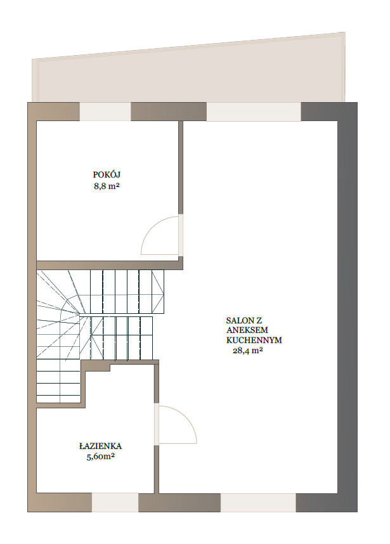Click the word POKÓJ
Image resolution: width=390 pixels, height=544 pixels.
tap(107, 174)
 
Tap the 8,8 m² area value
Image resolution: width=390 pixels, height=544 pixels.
tap(107, 186)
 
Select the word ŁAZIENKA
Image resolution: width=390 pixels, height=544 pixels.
tap(100, 446)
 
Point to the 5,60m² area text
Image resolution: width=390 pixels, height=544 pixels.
tap(101, 457)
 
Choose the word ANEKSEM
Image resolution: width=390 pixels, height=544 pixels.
tap(247, 330)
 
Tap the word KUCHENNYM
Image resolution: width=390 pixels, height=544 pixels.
tap(254, 340)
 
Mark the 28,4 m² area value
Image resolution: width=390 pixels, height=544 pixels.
tap(247, 351)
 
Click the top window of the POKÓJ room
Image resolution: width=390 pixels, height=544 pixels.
tap(105, 112)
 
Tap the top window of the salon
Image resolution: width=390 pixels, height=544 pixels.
tap(254, 112)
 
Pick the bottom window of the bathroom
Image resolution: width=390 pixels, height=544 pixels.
tap(115, 502)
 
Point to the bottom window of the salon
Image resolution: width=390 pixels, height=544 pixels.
tap(259, 502)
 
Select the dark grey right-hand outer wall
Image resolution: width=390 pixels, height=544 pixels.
tap(348, 307)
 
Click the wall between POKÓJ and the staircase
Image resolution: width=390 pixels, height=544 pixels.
tap(110, 265)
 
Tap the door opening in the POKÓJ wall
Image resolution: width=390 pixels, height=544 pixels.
tap(181, 235)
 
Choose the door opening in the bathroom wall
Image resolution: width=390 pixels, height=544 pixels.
tap(157, 424)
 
